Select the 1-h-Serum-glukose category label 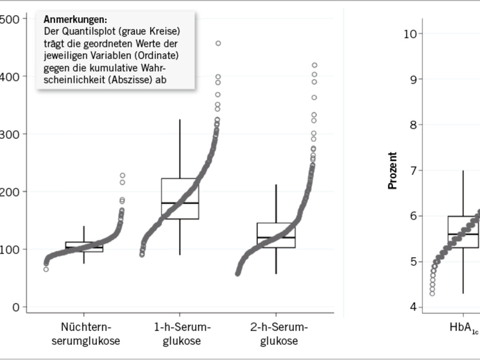click(x=182, y=334)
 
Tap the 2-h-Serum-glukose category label click(x=279, y=334)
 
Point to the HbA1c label click(x=464, y=328)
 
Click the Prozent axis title click(x=393, y=171)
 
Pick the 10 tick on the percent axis click(x=410, y=34)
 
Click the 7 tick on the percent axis click(x=413, y=171)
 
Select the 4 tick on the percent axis click(x=413, y=307)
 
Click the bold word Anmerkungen click(x=75, y=20)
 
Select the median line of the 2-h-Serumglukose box click(x=276, y=237)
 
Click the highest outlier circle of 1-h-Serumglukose click(x=218, y=43)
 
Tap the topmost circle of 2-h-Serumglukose click(x=315, y=65)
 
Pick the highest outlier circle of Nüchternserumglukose click(x=123, y=175)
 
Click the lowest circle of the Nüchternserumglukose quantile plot click(x=46, y=269)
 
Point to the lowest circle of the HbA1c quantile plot click(x=432, y=293)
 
